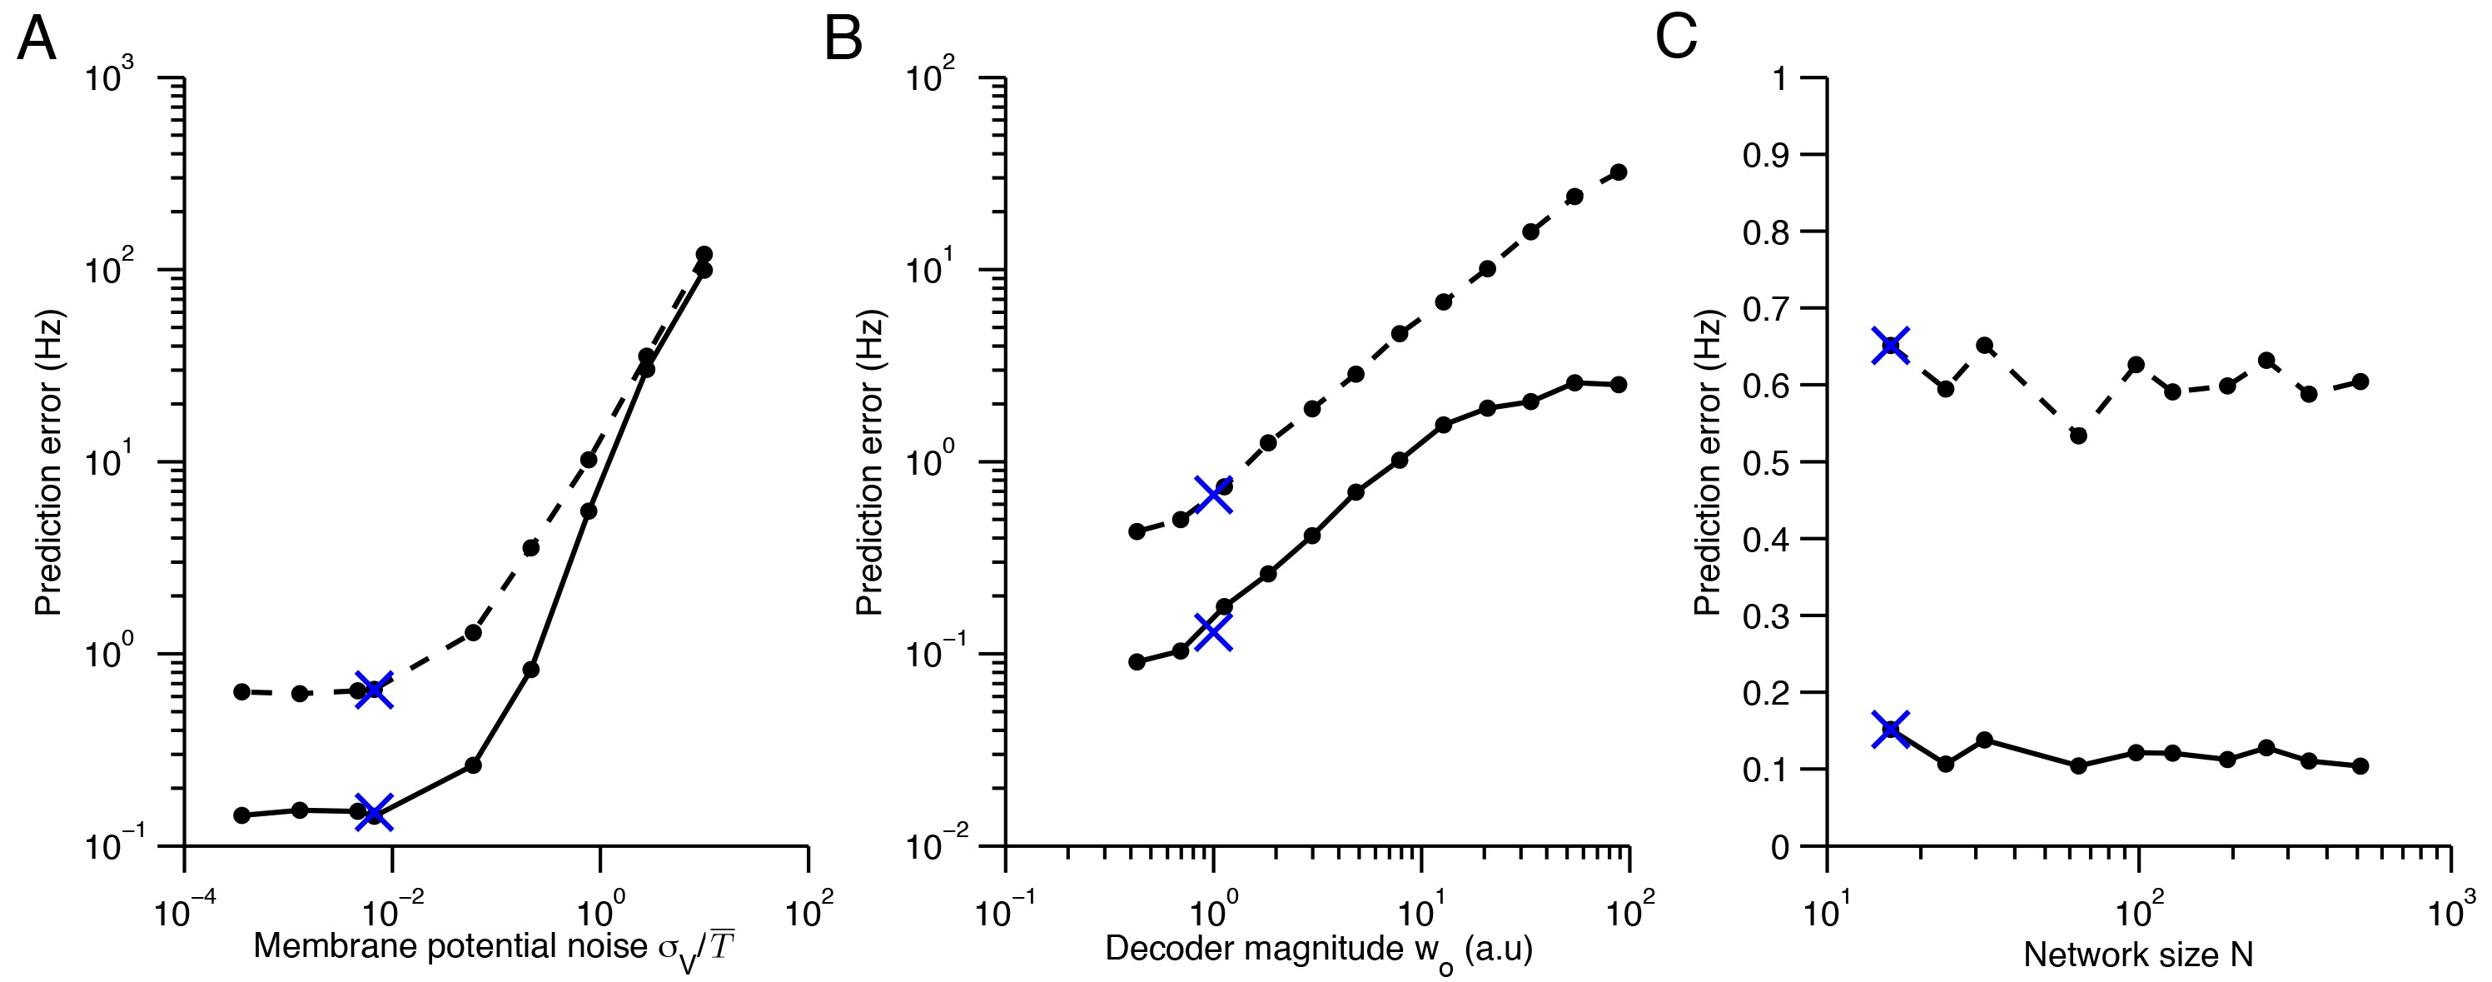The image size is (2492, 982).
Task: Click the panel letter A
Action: pos(37,40)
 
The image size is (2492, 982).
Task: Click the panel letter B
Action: pos(843,40)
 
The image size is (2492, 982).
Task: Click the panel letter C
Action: pos(1677,40)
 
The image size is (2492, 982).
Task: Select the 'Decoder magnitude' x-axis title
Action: pos(1319,950)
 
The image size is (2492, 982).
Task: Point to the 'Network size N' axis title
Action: pos(2138,955)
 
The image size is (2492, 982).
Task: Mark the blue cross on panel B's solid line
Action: pos(1214,633)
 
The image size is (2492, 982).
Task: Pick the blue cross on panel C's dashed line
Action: pos(1890,346)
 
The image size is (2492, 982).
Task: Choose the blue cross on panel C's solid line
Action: pos(1890,729)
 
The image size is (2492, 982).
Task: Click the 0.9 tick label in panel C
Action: pos(1767,155)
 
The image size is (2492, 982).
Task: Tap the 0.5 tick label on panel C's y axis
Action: pos(1767,461)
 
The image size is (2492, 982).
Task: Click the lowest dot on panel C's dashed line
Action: pos(2078,436)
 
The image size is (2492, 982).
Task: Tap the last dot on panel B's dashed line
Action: pos(1619,172)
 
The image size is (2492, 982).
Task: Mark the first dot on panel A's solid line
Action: pos(241,815)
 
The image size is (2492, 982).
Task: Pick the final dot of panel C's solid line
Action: pos(2360,765)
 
